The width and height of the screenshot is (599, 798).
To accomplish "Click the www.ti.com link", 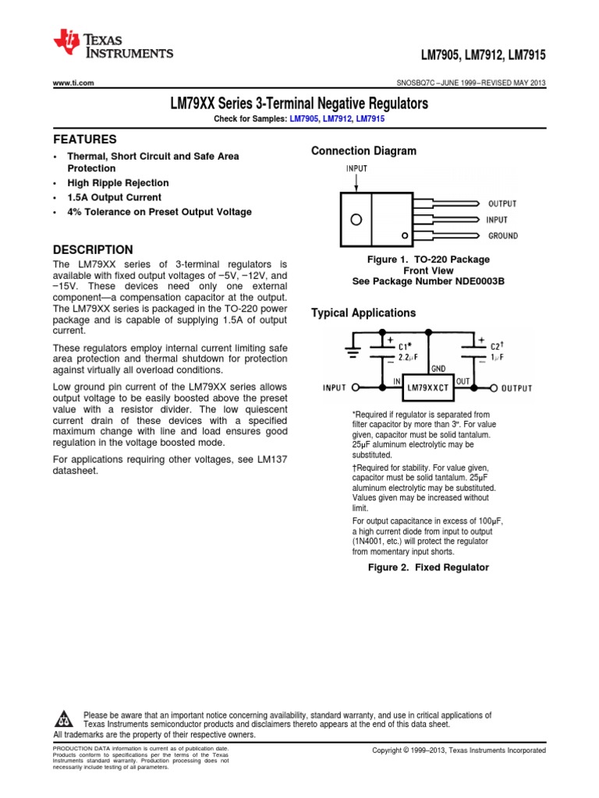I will point(73,83).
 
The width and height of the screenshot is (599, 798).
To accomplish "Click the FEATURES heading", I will point(84,139).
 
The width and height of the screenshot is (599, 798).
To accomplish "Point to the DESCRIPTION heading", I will point(92,249).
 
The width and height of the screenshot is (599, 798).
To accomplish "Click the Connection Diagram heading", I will point(363,150).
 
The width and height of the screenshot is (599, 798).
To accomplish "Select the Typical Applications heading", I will point(363,312).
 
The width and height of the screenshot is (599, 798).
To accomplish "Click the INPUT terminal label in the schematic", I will point(335,387).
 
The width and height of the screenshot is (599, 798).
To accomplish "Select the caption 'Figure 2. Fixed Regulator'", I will point(428,567).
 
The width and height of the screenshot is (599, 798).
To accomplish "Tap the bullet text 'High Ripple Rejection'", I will point(118,182).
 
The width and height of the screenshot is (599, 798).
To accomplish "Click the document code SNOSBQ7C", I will point(420,83).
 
